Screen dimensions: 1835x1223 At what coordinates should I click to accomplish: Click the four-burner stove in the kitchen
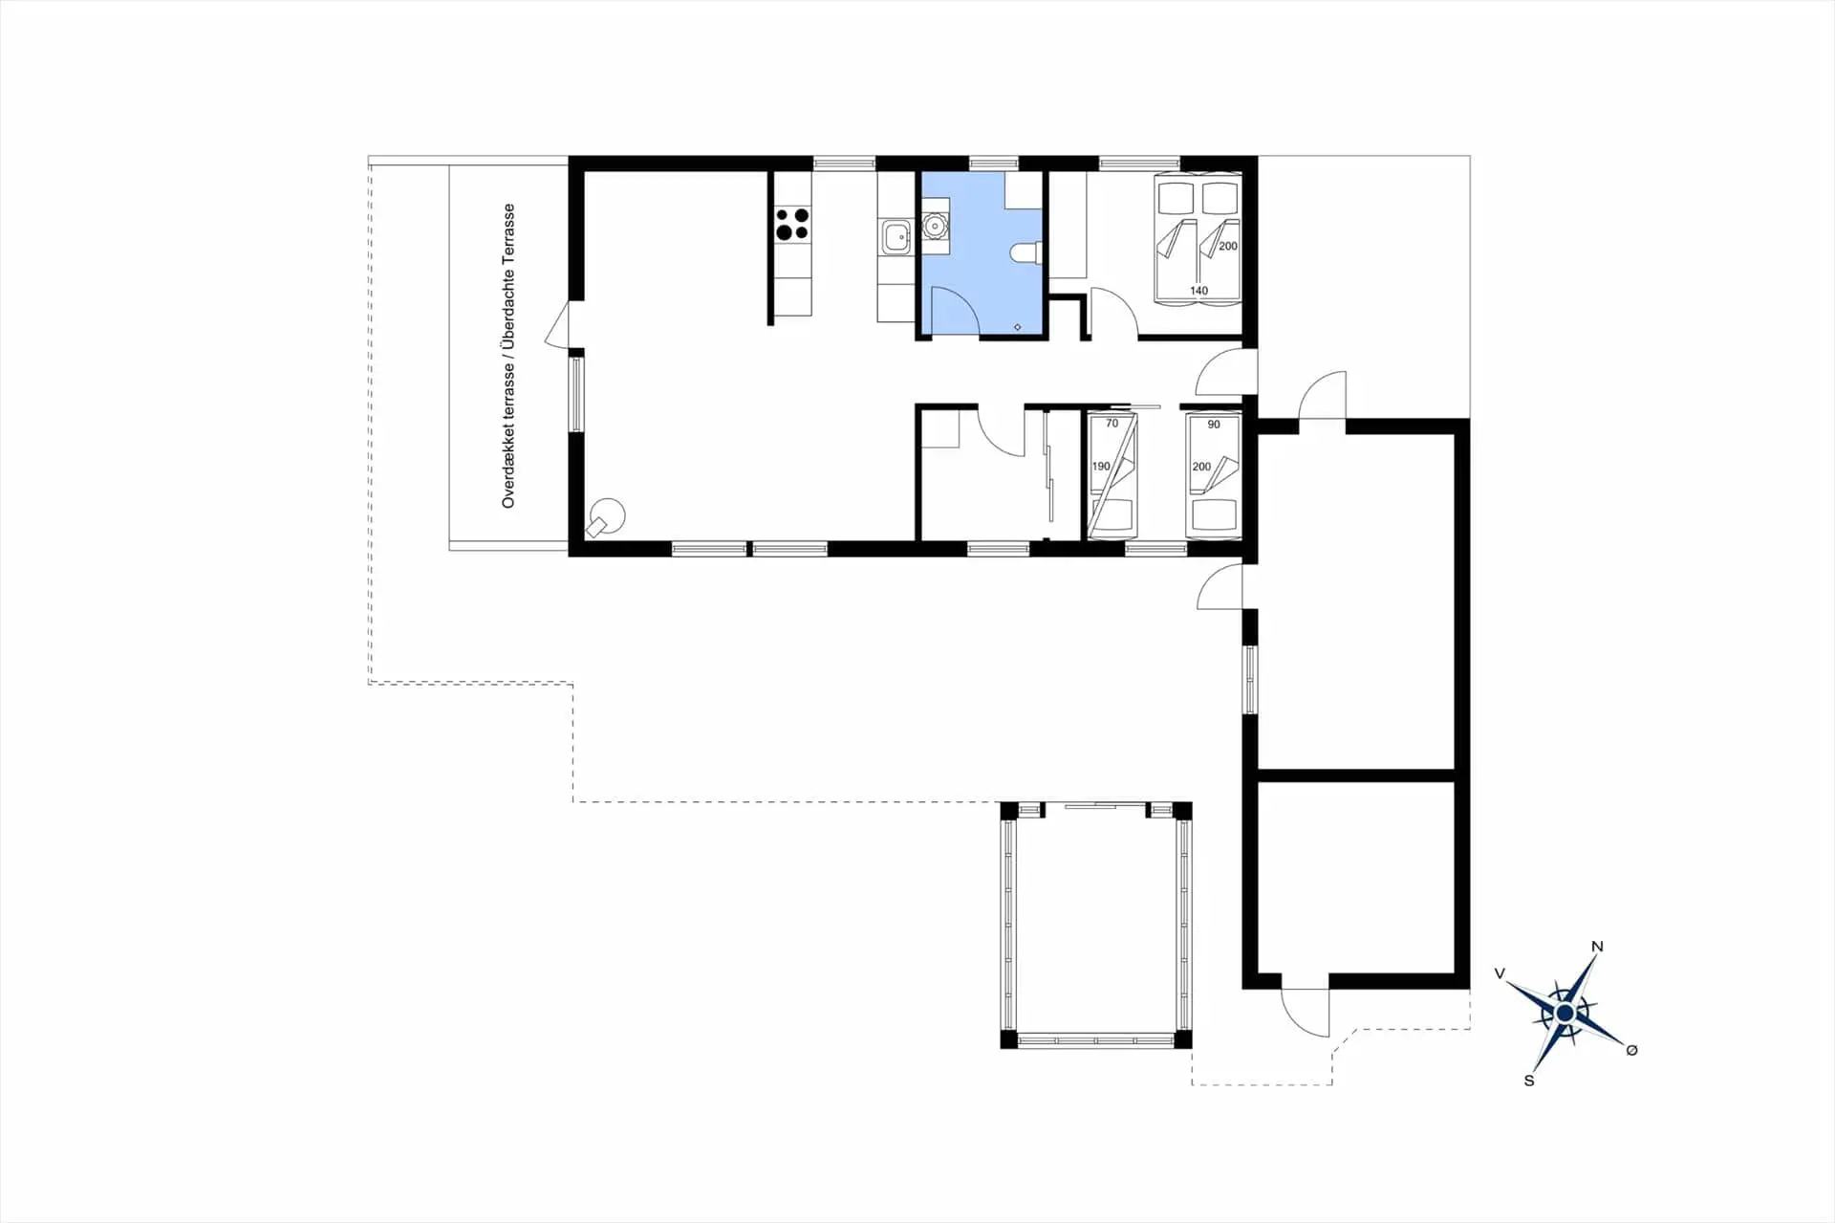pyautogui.click(x=792, y=224)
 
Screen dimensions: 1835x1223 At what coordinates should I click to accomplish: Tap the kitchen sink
pyautogui.click(x=896, y=236)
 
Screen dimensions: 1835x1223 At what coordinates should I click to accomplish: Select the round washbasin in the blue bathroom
pyautogui.click(x=934, y=226)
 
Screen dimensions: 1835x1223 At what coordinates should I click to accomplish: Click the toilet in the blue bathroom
pyautogui.click(x=1025, y=252)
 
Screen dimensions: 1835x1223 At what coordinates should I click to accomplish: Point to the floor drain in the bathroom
pyautogui.click(x=1017, y=327)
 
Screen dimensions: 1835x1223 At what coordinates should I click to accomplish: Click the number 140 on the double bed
pyautogui.click(x=1198, y=291)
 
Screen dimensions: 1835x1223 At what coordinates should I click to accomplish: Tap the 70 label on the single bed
pyautogui.click(x=1112, y=424)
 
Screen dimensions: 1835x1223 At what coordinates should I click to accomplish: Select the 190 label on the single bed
pyautogui.click(x=1101, y=467)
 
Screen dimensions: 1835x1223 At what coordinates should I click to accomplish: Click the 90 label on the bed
pyautogui.click(x=1214, y=425)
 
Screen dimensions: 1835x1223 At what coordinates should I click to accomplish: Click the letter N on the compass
pyautogui.click(x=1597, y=947)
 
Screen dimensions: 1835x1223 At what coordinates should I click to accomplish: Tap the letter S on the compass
pyautogui.click(x=1529, y=1081)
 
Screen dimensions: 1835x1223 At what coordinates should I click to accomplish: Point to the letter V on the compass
pyautogui.click(x=1500, y=973)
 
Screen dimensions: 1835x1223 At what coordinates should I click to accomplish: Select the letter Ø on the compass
pyautogui.click(x=1631, y=1050)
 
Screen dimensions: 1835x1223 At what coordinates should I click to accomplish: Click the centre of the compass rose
pyautogui.click(x=1565, y=1013)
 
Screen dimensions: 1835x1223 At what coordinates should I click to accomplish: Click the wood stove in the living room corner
pyautogui.click(x=606, y=518)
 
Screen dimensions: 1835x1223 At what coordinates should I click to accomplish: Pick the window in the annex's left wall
pyautogui.click(x=1249, y=679)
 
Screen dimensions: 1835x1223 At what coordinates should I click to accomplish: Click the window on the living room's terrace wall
pyautogui.click(x=576, y=394)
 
